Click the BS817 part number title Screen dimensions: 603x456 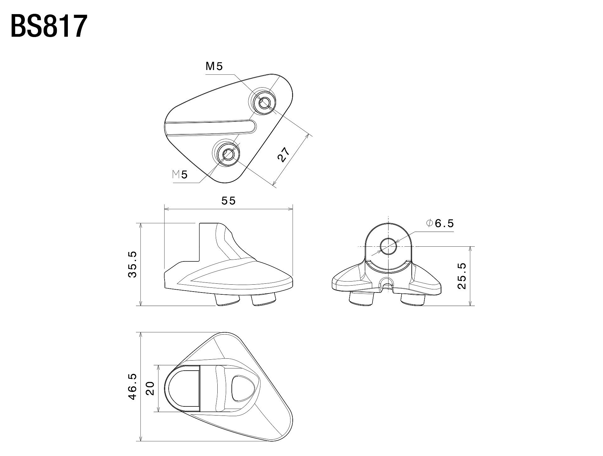[49, 26]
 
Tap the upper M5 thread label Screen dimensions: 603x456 [214, 66]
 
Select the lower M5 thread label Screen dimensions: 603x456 [180, 174]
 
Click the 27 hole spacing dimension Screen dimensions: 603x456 [283, 154]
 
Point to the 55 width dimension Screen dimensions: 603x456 [228, 201]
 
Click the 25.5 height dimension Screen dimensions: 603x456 [462, 276]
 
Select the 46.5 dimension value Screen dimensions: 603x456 [132, 386]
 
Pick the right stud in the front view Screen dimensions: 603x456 [413, 298]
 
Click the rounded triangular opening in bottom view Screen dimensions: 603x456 [240, 388]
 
